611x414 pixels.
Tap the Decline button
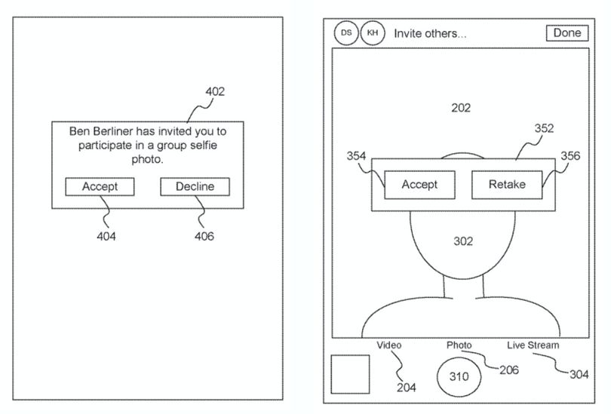(x=195, y=186)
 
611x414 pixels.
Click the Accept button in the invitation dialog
(x=100, y=186)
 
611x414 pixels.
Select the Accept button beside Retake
(x=419, y=185)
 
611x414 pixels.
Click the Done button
(x=567, y=32)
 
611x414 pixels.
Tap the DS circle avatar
(x=346, y=33)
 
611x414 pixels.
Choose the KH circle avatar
(x=373, y=33)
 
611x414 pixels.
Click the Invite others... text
(x=430, y=33)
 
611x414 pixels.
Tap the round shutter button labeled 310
(x=459, y=376)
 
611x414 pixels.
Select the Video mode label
(x=389, y=345)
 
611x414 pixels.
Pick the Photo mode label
(x=459, y=345)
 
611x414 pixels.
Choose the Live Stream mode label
(x=533, y=345)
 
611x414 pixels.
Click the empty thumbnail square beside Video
(x=350, y=374)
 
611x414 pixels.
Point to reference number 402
(x=215, y=91)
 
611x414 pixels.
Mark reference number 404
(x=106, y=236)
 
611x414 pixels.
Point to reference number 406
(x=204, y=236)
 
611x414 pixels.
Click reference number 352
(x=544, y=128)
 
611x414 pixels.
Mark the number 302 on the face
(x=463, y=241)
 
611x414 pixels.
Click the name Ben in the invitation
(x=79, y=131)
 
